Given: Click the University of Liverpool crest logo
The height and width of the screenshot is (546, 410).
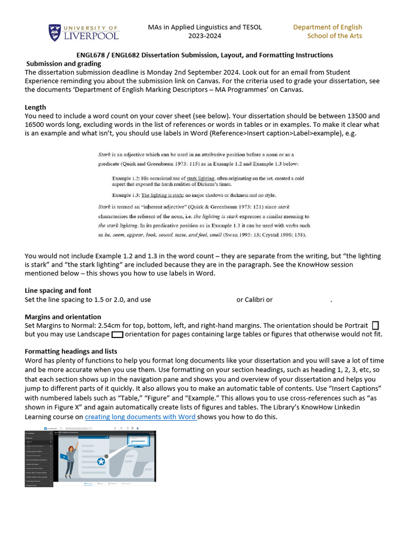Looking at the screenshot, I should [x=55, y=33].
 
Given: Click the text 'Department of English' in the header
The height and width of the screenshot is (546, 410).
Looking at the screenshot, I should [x=327, y=27].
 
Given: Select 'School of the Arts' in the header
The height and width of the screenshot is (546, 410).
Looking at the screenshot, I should [x=334, y=36].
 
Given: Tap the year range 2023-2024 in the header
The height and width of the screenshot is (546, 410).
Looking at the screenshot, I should [x=204, y=36].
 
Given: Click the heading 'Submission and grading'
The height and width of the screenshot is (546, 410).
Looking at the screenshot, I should [x=64, y=63].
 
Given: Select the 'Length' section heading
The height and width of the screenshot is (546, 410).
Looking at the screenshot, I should [x=35, y=107].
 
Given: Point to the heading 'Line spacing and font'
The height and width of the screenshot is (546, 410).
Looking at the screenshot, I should [x=58, y=291].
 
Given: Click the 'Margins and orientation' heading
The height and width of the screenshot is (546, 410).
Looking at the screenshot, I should [x=62, y=317].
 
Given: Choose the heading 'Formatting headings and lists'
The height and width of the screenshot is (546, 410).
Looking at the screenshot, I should [x=71, y=351].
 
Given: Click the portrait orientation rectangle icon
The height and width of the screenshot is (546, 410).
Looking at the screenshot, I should [x=375, y=325].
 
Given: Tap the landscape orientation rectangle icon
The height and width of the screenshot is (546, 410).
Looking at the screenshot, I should [x=117, y=334].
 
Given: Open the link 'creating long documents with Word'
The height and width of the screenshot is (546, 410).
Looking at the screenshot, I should [x=140, y=417].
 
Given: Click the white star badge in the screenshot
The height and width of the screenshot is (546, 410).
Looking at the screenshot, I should [x=100, y=462].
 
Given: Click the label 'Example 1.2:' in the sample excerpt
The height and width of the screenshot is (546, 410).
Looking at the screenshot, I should [x=127, y=178].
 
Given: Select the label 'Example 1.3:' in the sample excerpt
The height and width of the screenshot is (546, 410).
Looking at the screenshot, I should [x=127, y=195].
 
